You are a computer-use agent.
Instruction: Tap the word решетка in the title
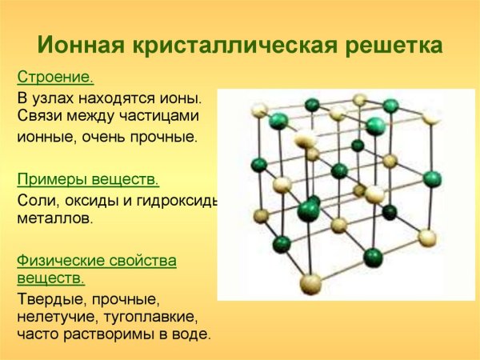[x=386, y=43]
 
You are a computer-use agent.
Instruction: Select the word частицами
[x=162, y=116]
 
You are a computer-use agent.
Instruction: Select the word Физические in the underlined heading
[x=60, y=260]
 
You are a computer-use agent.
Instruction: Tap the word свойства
[x=141, y=260]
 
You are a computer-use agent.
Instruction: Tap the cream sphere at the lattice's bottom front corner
[x=310, y=282]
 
